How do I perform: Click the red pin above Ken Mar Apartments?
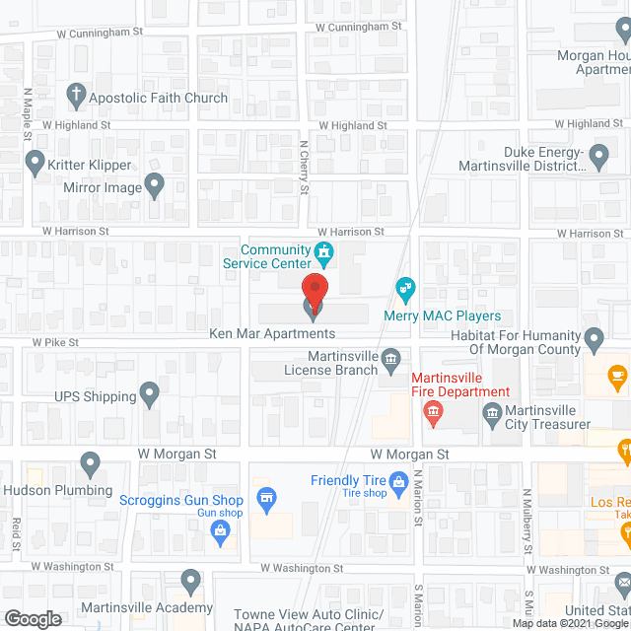(x=315, y=290)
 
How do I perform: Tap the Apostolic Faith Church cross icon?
(x=75, y=96)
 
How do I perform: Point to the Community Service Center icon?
(x=322, y=255)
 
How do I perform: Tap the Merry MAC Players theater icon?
(x=404, y=290)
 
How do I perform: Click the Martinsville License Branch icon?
(x=391, y=357)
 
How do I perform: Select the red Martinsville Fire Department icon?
(x=432, y=416)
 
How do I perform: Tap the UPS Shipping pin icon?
(x=150, y=395)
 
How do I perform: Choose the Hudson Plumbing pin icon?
(x=91, y=461)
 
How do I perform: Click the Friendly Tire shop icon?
(x=398, y=482)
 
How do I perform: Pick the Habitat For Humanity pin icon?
(x=594, y=341)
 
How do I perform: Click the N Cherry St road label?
(x=305, y=165)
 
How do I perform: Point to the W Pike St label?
(x=54, y=342)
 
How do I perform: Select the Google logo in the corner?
(x=33, y=619)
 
